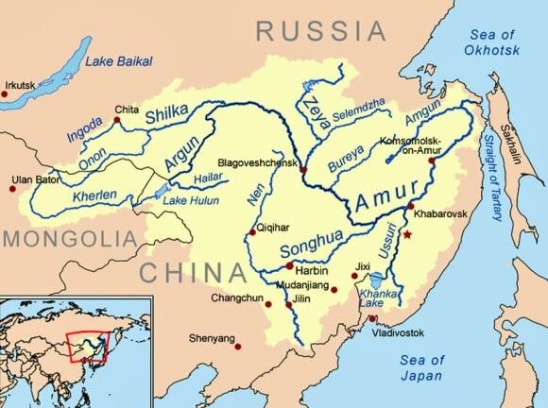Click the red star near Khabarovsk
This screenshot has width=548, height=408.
click(408, 232)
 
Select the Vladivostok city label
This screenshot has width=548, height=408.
click(399, 333)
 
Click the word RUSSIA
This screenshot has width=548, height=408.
click(322, 31)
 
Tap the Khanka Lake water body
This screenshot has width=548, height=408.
click(376, 280)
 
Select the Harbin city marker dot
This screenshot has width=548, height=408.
click(289, 267)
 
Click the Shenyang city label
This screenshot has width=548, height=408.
click(212, 337)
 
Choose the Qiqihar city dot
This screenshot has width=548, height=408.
click(250, 230)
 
